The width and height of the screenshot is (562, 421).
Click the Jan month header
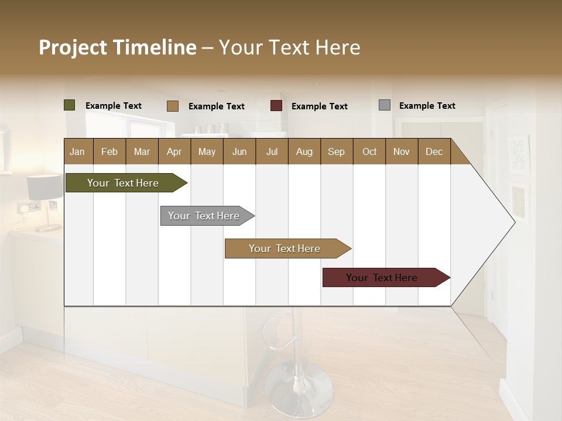(x=78, y=151)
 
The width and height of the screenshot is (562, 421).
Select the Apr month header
(x=174, y=151)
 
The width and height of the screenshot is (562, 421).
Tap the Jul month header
(x=272, y=151)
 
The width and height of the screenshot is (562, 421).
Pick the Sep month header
(x=337, y=151)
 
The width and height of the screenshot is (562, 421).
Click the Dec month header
(x=434, y=151)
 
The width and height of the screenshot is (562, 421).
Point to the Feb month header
(x=109, y=151)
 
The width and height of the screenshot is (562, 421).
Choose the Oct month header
(x=369, y=151)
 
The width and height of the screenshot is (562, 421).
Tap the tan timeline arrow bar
(x=285, y=249)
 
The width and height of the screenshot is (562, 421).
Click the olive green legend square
(x=70, y=105)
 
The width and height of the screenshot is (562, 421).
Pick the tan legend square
(x=173, y=106)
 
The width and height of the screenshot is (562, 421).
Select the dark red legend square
(x=276, y=106)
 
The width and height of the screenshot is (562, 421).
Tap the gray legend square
(x=385, y=105)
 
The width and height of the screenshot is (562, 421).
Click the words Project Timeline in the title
(x=118, y=47)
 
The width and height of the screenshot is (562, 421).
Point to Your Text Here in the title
(x=290, y=47)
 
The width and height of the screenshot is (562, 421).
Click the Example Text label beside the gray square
(x=427, y=105)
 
